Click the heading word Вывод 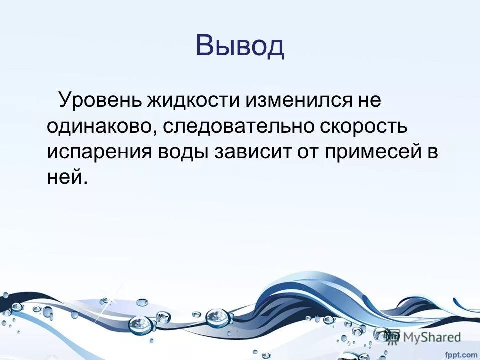tap(240, 45)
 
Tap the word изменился tap(291, 100)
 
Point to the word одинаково tap(100, 126)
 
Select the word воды tap(183, 151)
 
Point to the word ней tap(67, 177)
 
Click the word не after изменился tap(367, 100)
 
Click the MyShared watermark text tap(431, 338)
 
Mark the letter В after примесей tap(432, 151)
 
